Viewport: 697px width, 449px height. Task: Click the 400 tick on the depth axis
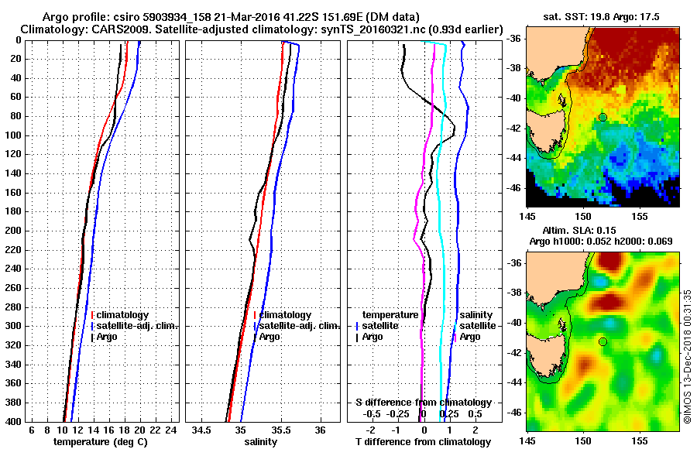pos(14,420)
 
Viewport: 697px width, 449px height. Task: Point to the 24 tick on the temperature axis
pos(172,430)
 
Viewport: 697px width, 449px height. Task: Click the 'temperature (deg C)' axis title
pos(100,441)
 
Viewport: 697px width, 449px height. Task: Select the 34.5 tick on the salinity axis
pos(202,430)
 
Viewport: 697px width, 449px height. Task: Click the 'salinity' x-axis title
pos(260,441)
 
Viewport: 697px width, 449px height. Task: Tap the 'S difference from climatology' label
pos(423,403)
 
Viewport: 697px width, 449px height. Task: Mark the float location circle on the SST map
pos(603,117)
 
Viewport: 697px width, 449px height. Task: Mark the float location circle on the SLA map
pos(603,341)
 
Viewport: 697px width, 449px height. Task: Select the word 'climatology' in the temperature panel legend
pos(123,315)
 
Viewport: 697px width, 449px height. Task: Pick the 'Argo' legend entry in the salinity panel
pos(270,337)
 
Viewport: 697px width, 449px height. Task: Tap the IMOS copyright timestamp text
pos(688,357)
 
